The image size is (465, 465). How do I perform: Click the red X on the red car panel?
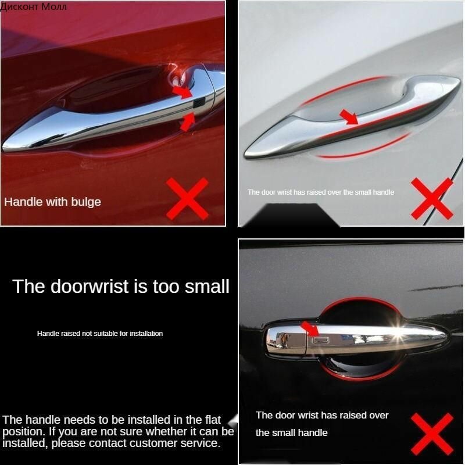(x=187, y=199)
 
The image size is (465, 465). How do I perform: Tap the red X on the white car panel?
(x=432, y=199)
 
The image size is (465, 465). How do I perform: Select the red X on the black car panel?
(x=432, y=434)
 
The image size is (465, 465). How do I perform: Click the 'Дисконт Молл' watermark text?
(x=34, y=6)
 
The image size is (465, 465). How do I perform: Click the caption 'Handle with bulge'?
(x=52, y=202)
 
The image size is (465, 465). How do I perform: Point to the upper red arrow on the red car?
(x=183, y=91)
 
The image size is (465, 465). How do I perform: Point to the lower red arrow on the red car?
(x=188, y=122)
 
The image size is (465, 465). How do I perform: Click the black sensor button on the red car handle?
(x=199, y=102)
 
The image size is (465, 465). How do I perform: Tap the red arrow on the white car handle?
(x=349, y=116)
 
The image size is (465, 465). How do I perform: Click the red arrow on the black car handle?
(x=310, y=328)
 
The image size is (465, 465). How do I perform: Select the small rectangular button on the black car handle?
(x=320, y=340)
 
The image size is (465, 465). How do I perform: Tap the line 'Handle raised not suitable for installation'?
(x=100, y=334)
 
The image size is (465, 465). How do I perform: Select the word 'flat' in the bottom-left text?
(x=213, y=420)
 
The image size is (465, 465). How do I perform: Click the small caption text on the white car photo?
(x=321, y=192)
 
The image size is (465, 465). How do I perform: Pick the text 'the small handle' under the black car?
(x=292, y=432)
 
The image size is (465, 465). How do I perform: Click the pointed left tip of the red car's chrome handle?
(x=3, y=146)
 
